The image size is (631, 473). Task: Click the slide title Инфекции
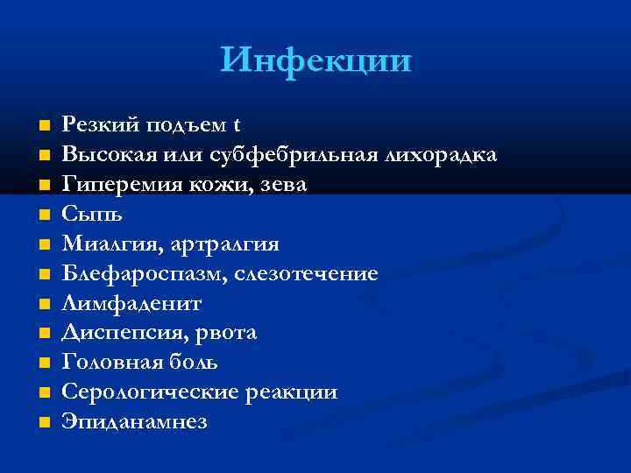(315, 60)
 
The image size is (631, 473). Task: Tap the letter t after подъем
(237, 125)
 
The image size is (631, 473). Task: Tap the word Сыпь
(87, 215)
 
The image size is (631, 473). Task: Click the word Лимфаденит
(131, 304)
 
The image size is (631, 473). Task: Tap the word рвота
(227, 334)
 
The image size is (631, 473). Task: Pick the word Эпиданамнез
(134, 422)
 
